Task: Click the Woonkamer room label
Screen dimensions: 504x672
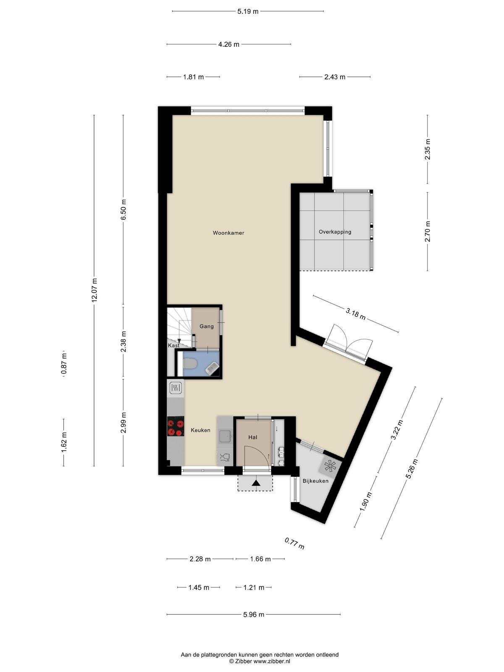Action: pos(228,233)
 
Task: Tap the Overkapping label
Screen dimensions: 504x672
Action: pos(335,232)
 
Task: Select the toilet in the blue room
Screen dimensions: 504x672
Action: pos(190,364)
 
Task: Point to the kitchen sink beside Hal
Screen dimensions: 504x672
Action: pos(225,436)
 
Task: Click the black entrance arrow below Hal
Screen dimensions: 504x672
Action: pos(255,483)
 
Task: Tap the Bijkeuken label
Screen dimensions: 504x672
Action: pos(315,481)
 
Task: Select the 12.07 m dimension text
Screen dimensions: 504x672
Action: pos(94,290)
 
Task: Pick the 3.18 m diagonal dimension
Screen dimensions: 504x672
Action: pos(356,314)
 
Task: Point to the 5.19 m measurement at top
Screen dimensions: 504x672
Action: pos(248,12)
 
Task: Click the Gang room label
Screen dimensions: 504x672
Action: pos(207,326)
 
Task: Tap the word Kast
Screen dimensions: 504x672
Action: pos(173,345)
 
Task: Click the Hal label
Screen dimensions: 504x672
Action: pos(253,437)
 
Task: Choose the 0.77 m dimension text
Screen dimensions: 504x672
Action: pos(294,543)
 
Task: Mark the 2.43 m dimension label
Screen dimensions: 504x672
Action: pos(335,77)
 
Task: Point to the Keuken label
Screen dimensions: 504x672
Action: pos(200,430)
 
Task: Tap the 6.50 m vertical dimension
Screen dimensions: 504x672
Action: pos(123,210)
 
